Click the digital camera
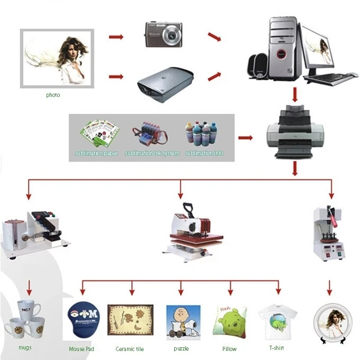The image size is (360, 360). pyautogui.click(x=165, y=34)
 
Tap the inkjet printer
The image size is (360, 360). pyautogui.click(x=295, y=133)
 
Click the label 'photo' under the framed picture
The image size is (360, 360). pyautogui.click(x=53, y=95)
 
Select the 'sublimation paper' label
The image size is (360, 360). pyautogui.click(x=96, y=154)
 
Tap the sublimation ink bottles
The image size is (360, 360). pyautogui.click(x=204, y=134)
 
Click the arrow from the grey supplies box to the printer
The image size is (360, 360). pyautogui.click(x=245, y=138)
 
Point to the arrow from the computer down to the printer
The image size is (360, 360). pyautogui.click(x=295, y=95)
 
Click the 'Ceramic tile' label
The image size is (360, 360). pyautogui.click(x=129, y=349)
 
